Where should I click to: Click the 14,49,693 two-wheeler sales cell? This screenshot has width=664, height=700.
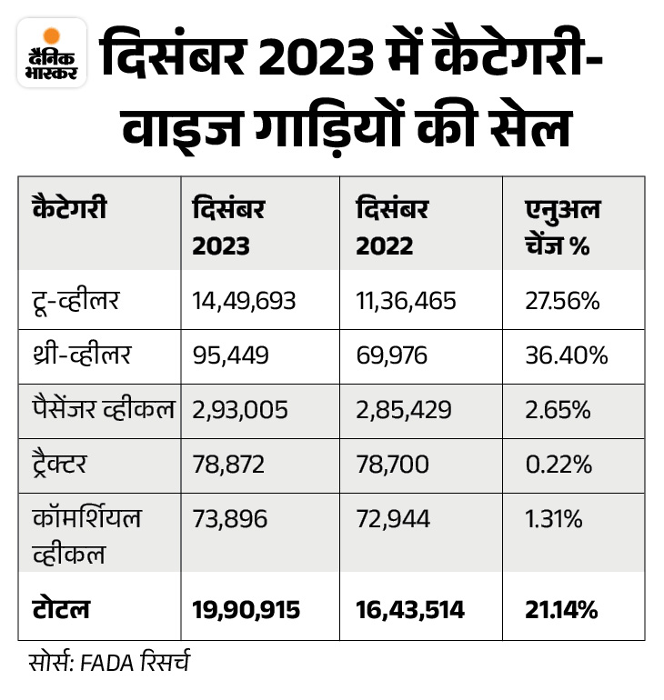pyautogui.click(x=245, y=301)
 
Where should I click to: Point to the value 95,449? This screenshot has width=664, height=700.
pyautogui.click(x=231, y=355)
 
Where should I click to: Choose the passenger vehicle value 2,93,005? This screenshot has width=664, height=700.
pyautogui.click(x=240, y=410)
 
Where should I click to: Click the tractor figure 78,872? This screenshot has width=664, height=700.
pyautogui.click(x=229, y=465)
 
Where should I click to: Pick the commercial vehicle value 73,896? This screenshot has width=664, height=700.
pyautogui.click(x=230, y=519)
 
